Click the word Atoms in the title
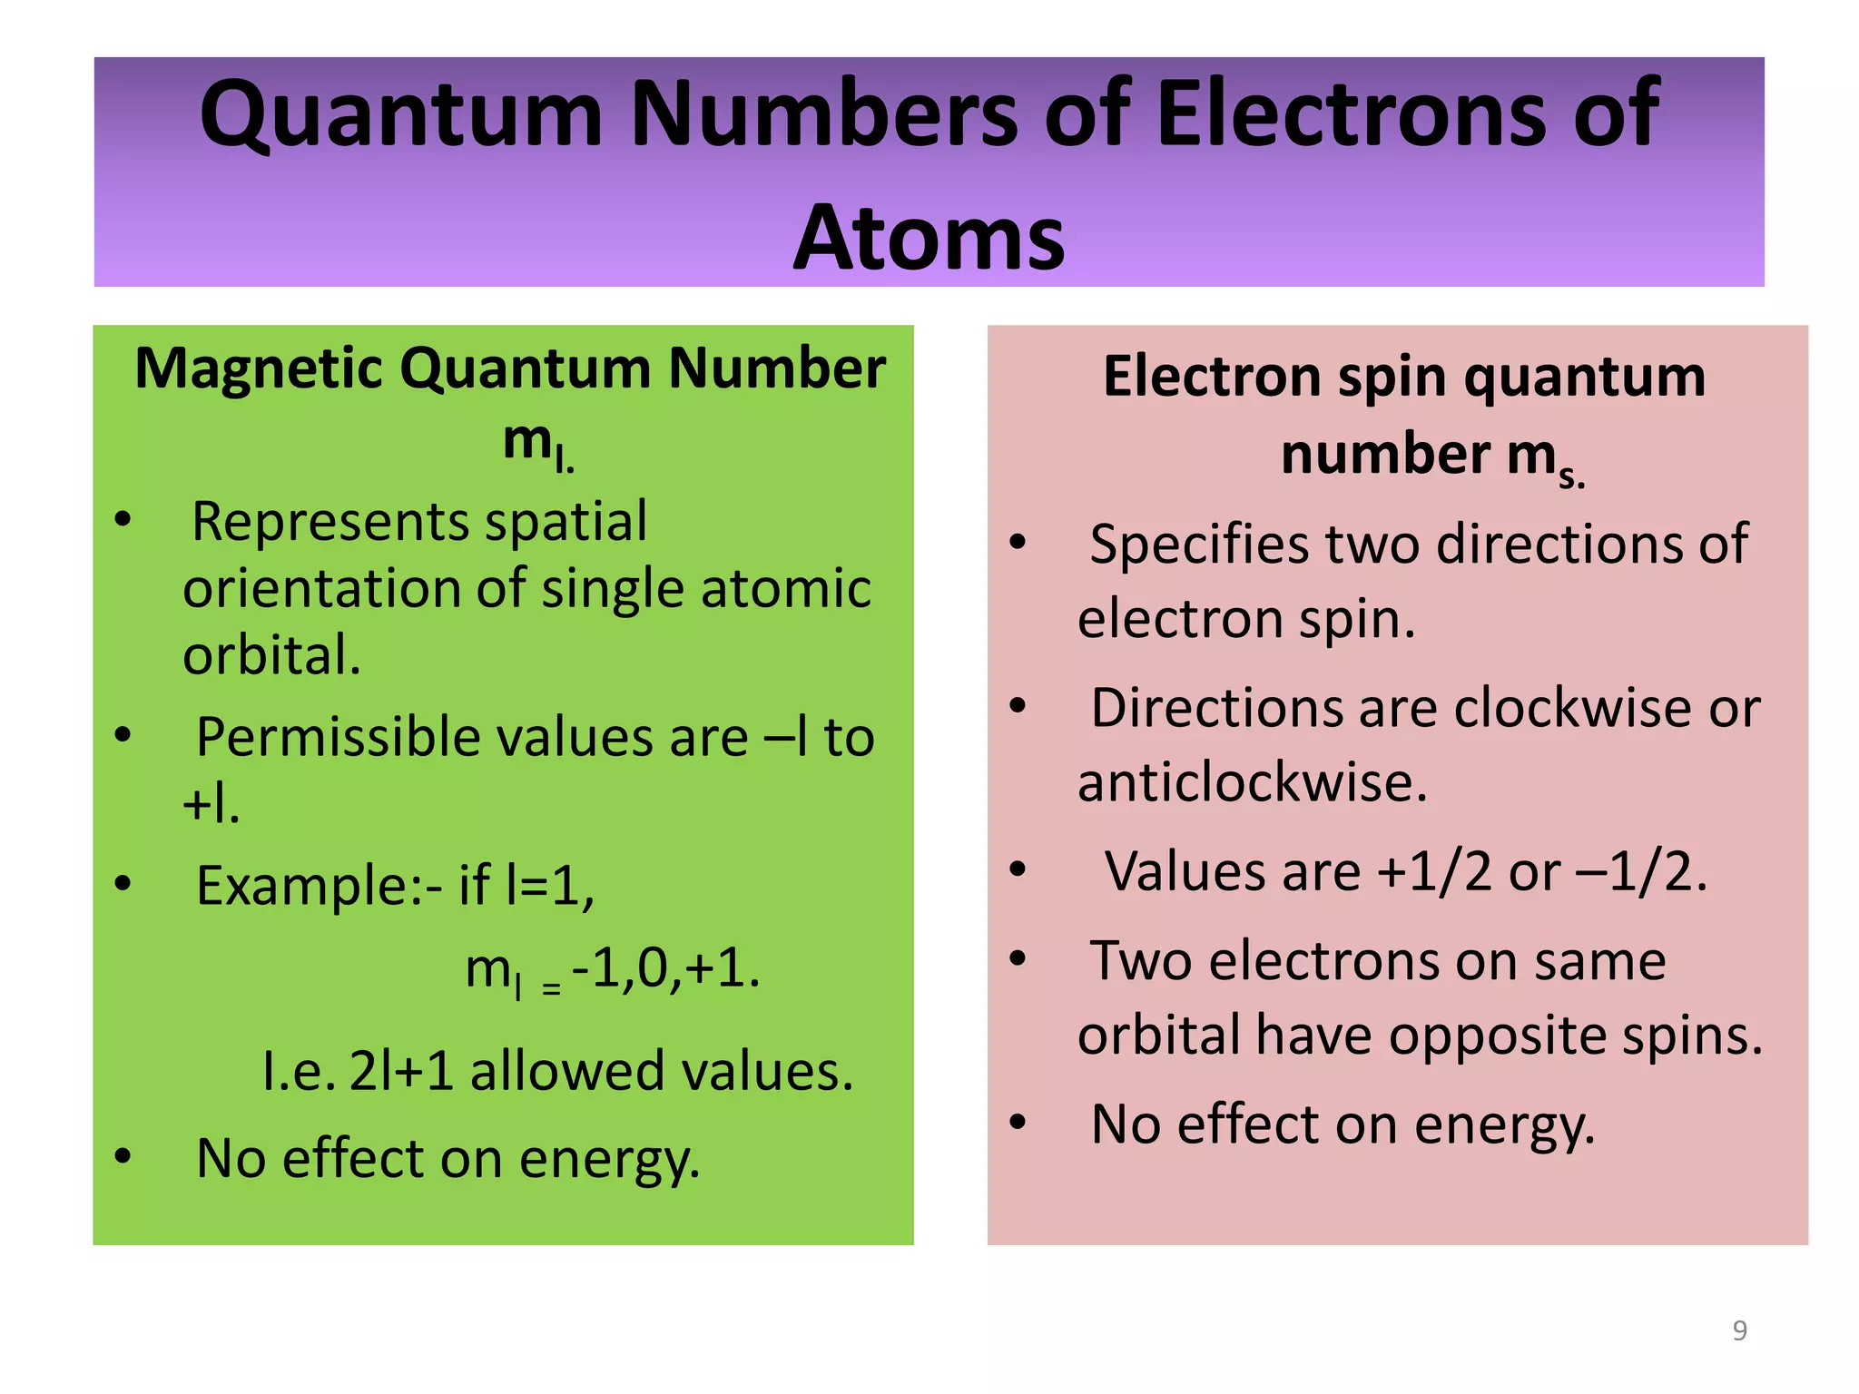pos(929,238)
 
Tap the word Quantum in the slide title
pos(400,114)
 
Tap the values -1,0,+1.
pos(665,968)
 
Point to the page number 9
pos(1739,1330)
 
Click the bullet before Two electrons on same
pos(1018,958)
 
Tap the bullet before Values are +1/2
pos(1018,869)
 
